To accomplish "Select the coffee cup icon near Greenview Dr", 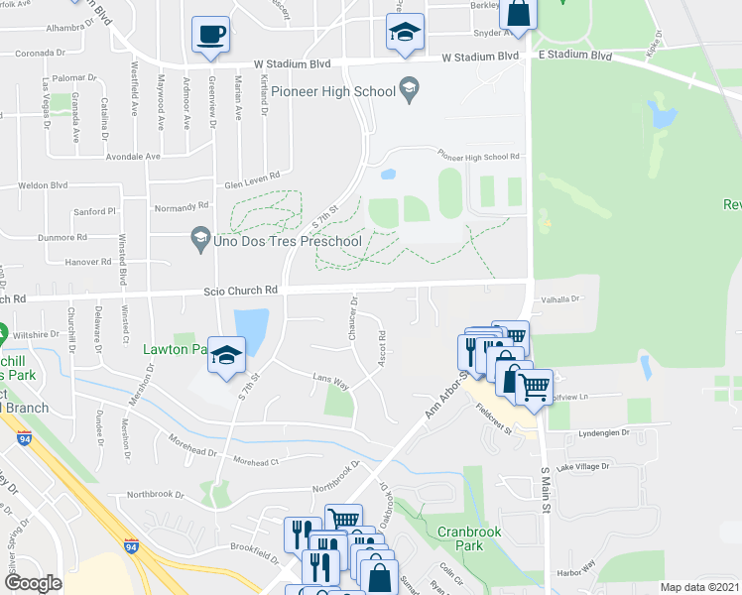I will coord(210,36).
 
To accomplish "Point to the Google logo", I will coord(33,583).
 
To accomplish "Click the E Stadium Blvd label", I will coord(574,57).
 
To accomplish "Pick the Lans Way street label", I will coord(331,380).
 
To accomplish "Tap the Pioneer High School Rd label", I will coord(479,157).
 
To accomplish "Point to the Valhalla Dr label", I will coord(559,297).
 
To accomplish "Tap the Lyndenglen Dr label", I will coord(604,433).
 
